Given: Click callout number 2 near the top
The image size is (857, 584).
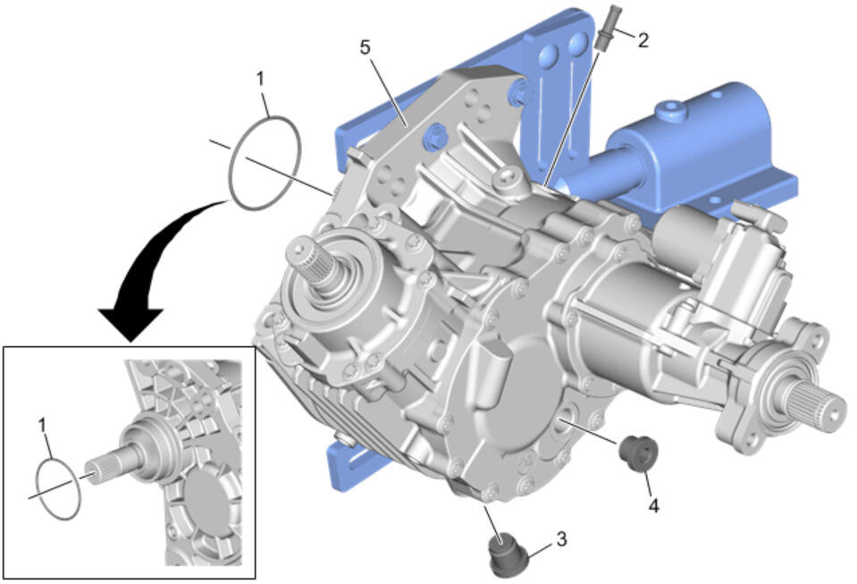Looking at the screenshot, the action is (643, 40).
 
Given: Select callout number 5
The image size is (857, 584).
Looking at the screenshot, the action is (365, 47).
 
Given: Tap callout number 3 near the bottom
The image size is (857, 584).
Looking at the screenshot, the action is (561, 539).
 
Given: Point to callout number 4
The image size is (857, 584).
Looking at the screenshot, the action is (653, 506).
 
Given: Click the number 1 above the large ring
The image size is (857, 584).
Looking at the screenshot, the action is (260, 79).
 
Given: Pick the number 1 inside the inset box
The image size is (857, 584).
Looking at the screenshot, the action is (42, 425).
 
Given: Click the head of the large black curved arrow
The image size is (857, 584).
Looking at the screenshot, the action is (131, 323).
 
